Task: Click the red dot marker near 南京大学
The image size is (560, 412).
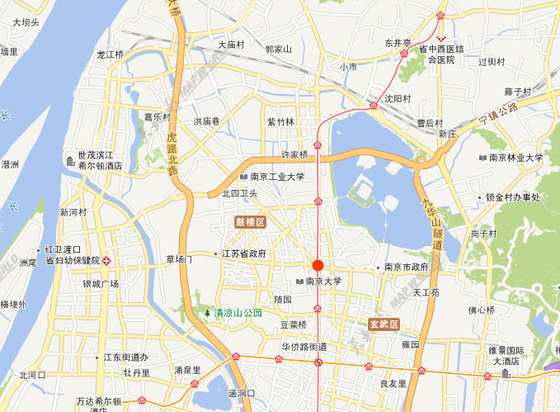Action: pos(317,265)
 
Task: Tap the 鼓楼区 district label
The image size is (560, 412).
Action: pos(250,223)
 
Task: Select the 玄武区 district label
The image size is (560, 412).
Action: pos(384,324)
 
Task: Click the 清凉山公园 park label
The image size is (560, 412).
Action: pos(238,313)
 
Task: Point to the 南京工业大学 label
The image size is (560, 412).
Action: pos(277,177)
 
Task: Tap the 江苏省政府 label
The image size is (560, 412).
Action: pos(245,254)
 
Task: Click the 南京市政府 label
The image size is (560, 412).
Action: pos(407,268)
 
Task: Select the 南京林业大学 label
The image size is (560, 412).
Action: pos(515,158)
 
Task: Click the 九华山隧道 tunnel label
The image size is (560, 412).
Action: pos(432,224)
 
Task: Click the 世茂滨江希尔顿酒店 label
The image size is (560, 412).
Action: pos(100,160)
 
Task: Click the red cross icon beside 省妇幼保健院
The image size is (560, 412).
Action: pos(106,260)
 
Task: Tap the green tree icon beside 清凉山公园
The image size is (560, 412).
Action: pos(207,313)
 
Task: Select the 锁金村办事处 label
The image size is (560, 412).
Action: pos(512,197)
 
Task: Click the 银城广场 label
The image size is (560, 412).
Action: pos(101,283)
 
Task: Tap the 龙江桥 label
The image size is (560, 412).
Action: pos(110,54)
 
